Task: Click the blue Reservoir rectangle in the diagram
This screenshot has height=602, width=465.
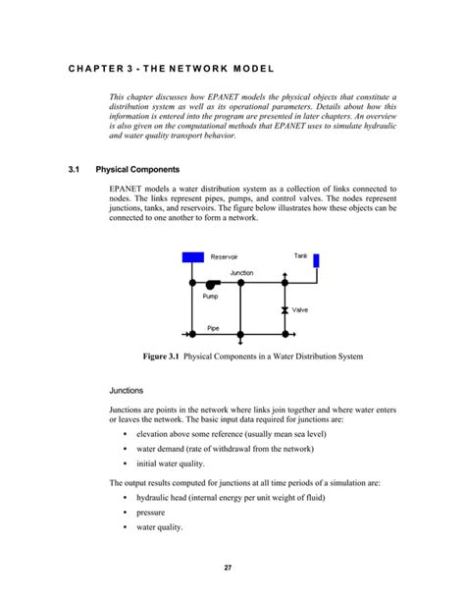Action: [x=193, y=257]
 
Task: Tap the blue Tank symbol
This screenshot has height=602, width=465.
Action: [x=316, y=261]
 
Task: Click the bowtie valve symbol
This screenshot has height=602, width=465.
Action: [x=284, y=309]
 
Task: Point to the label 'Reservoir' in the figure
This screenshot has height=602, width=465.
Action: [x=226, y=257]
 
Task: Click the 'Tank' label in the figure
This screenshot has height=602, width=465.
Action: [x=301, y=255]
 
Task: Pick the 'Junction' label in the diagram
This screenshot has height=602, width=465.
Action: [x=241, y=272]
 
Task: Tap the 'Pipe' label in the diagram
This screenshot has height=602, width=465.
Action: [x=213, y=328]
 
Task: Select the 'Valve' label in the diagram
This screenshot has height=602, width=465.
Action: [x=300, y=309]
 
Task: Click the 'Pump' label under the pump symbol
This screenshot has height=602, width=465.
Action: [x=210, y=296]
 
